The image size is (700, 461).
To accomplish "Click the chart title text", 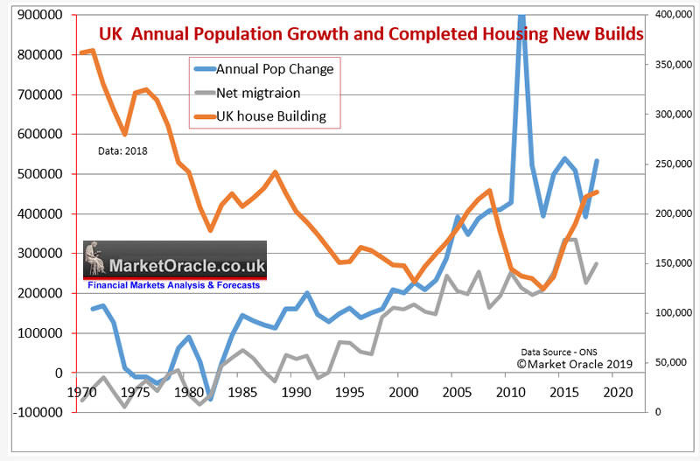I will (x=371, y=36).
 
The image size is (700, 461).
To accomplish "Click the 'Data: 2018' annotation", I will (x=122, y=150).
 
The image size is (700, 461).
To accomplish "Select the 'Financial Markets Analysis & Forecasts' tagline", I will (x=175, y=284).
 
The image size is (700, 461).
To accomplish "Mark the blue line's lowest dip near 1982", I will (x=211, y=398).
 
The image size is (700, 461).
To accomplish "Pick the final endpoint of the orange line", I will (x=597, y=192).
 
